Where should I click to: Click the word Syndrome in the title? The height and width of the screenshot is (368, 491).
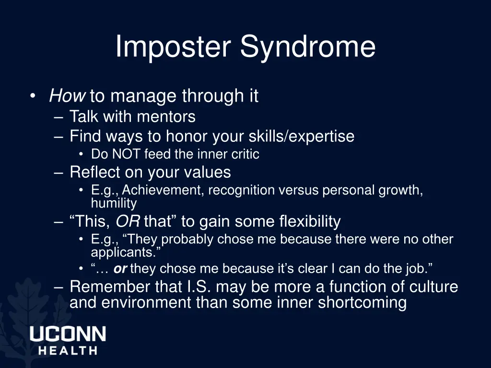(x=308, y=47)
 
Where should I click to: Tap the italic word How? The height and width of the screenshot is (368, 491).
(x=67, y=96)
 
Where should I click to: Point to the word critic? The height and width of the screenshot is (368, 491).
(x=245, y=154)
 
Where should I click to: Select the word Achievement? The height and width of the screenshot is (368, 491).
(x=163, y=190)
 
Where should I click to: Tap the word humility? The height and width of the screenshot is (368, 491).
(x=114, y=203)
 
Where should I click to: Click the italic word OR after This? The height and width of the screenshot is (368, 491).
(x=128, y=222)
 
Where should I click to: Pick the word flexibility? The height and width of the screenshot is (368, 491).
(x=310, y=222)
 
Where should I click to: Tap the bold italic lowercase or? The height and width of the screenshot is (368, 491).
(x=120, y=269)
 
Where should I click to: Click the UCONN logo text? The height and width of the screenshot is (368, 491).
(x=68, y=334)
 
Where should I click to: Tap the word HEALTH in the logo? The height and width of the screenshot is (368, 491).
(x=68, y=350)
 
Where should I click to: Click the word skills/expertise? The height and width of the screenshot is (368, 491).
(x=301, y=137)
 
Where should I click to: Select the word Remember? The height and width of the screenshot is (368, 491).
(x=110, y=287)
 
